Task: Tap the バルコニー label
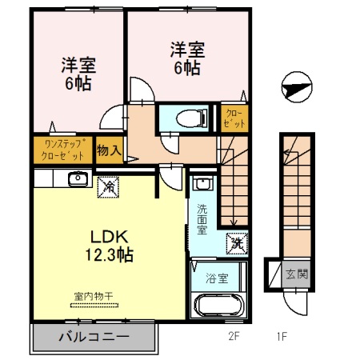[94, 337]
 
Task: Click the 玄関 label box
[296, 274]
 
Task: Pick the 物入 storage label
[110, 150]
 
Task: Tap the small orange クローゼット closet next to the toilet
[233, 117]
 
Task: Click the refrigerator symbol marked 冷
[106, 187]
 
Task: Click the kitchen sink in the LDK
[77, 178]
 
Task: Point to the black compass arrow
[295, 87]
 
